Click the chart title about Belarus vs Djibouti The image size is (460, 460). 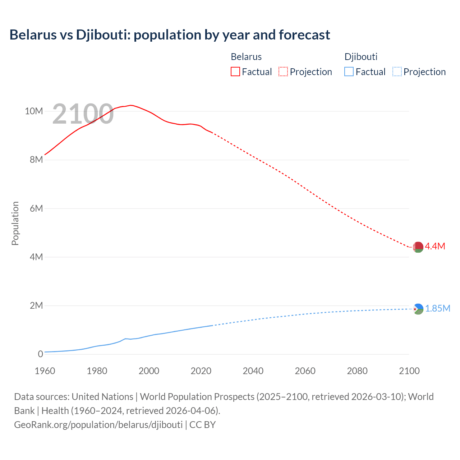point(170,35)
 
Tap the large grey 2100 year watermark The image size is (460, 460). point(83,114)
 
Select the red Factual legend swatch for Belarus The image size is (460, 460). point(235,72)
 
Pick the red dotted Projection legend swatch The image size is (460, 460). point(283,72)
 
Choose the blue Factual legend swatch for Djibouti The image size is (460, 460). point(349,72)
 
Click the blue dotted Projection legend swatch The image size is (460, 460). point(397,72)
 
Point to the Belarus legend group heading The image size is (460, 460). point(246,57)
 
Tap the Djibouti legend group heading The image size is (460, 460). point(361,57)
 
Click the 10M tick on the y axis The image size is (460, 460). point(34,111)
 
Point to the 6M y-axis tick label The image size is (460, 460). point(36,208)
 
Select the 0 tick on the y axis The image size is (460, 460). point(40,354)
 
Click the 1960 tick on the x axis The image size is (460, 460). point(45,371)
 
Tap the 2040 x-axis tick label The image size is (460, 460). point(253,371)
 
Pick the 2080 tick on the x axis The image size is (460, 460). point(357,371)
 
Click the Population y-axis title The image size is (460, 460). point(15,223)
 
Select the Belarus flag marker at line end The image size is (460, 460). point(418,247)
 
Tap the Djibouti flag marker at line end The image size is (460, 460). point(418,309)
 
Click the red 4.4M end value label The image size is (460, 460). point(435,246)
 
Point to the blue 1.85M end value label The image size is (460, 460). point(438,309)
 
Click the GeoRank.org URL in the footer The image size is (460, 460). point(98,424)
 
